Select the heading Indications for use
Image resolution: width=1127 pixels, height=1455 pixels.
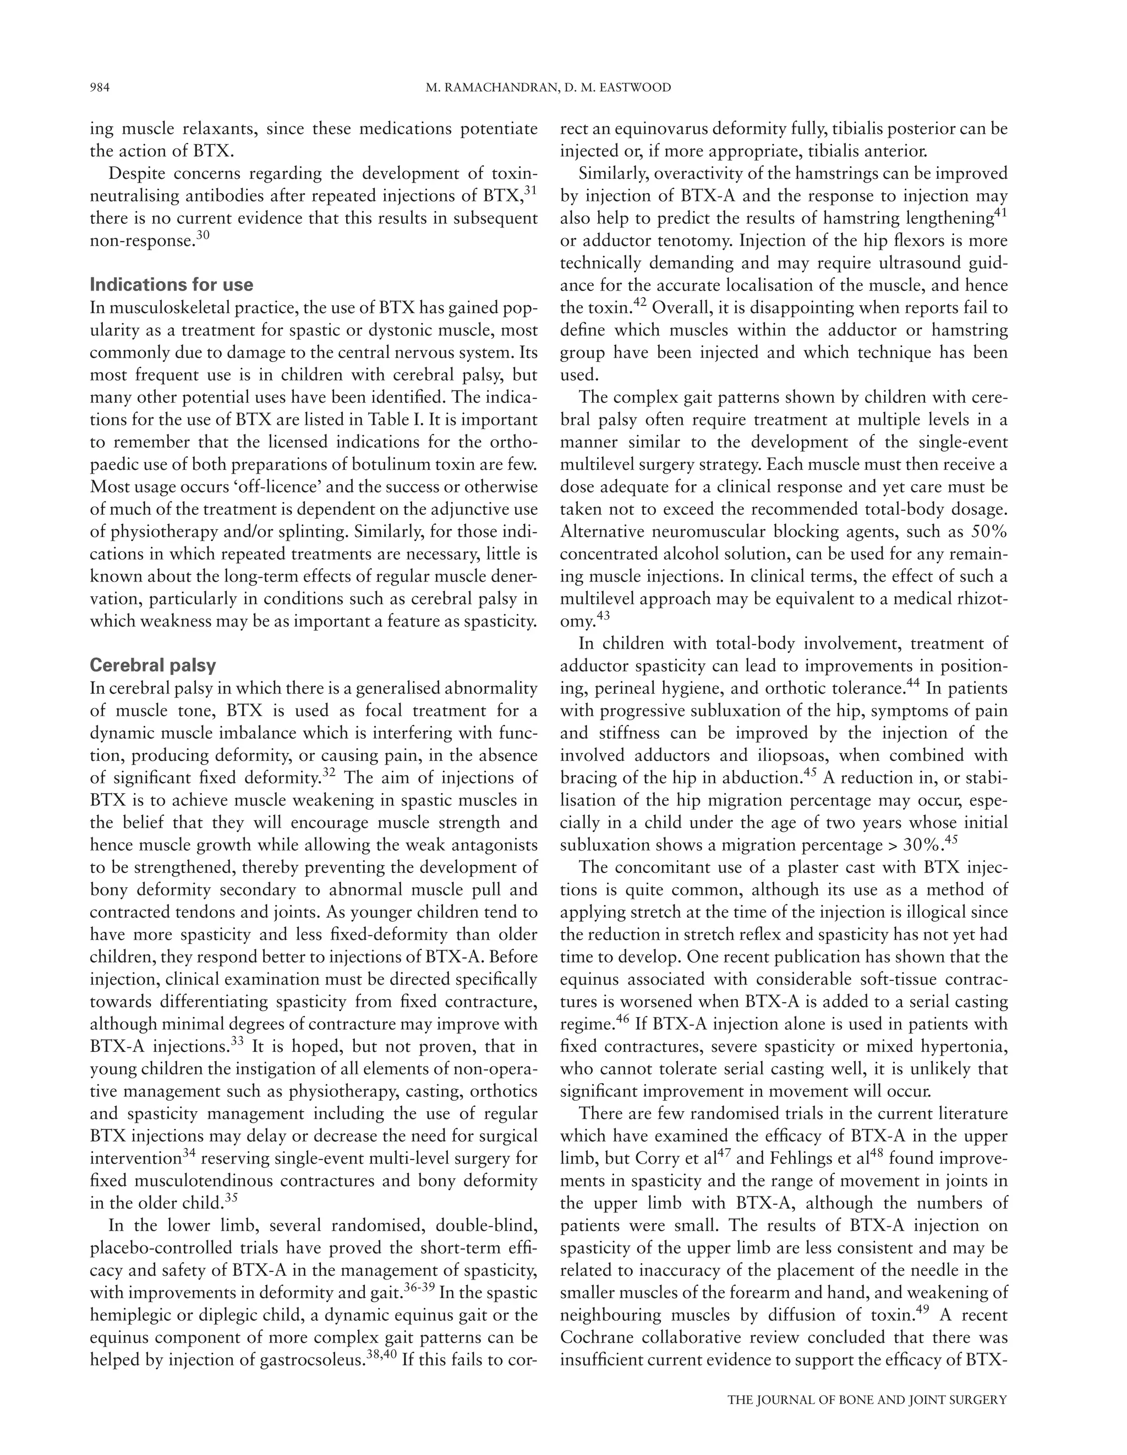click(171, 284)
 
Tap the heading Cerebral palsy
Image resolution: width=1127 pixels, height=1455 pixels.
click(152, 665)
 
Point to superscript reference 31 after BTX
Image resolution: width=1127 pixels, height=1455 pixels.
click(530, 190)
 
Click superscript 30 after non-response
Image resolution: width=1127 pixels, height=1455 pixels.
click(203, 235)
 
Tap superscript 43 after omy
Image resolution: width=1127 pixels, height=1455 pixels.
click(603, 616)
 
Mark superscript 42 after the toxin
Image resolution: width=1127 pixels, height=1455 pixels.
click(640, 303)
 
